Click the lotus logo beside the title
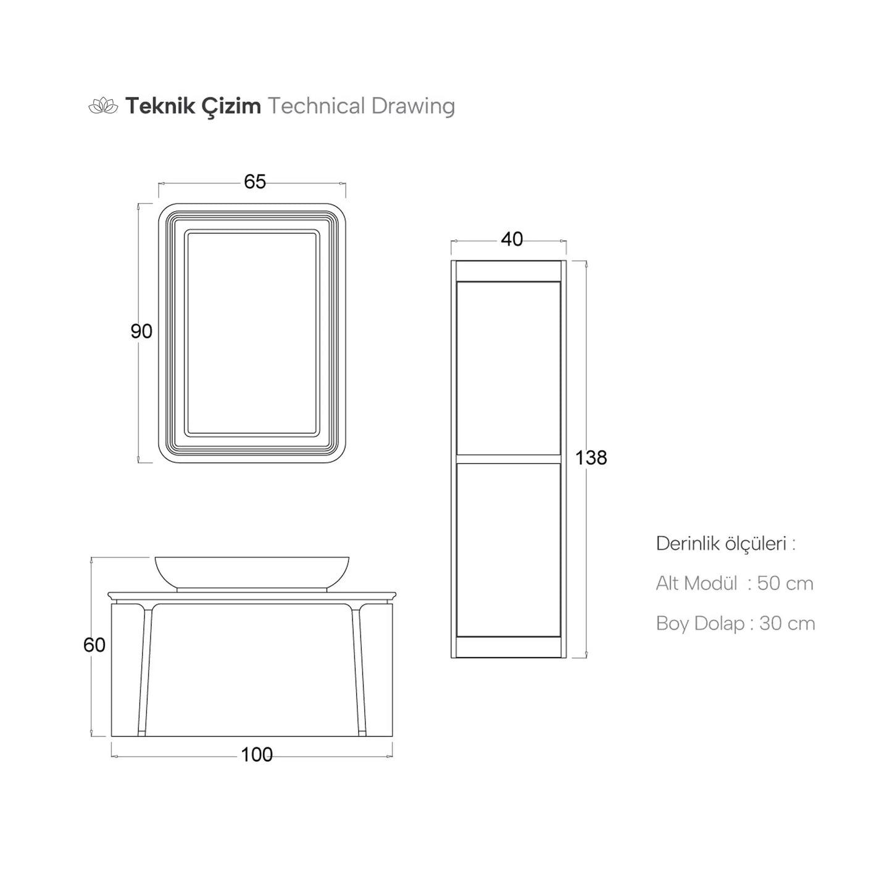(103, 107)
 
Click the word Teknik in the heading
(157, 106)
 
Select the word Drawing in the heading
(413, 106)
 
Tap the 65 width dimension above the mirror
(254, 182)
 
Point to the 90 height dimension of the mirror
(141, 331)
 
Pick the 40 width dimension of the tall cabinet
(512, 240)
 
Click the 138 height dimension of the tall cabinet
(591, 458)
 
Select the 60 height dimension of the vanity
(94, 645)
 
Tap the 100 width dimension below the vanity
(256, 754)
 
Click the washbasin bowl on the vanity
(251, 572)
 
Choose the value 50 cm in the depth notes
(785, 583)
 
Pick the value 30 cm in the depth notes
(787, 623)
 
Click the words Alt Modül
(696, 583)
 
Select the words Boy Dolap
(700, 623)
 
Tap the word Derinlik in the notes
(685, 544)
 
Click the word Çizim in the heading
(231, 107)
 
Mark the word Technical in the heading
(317, 106)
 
